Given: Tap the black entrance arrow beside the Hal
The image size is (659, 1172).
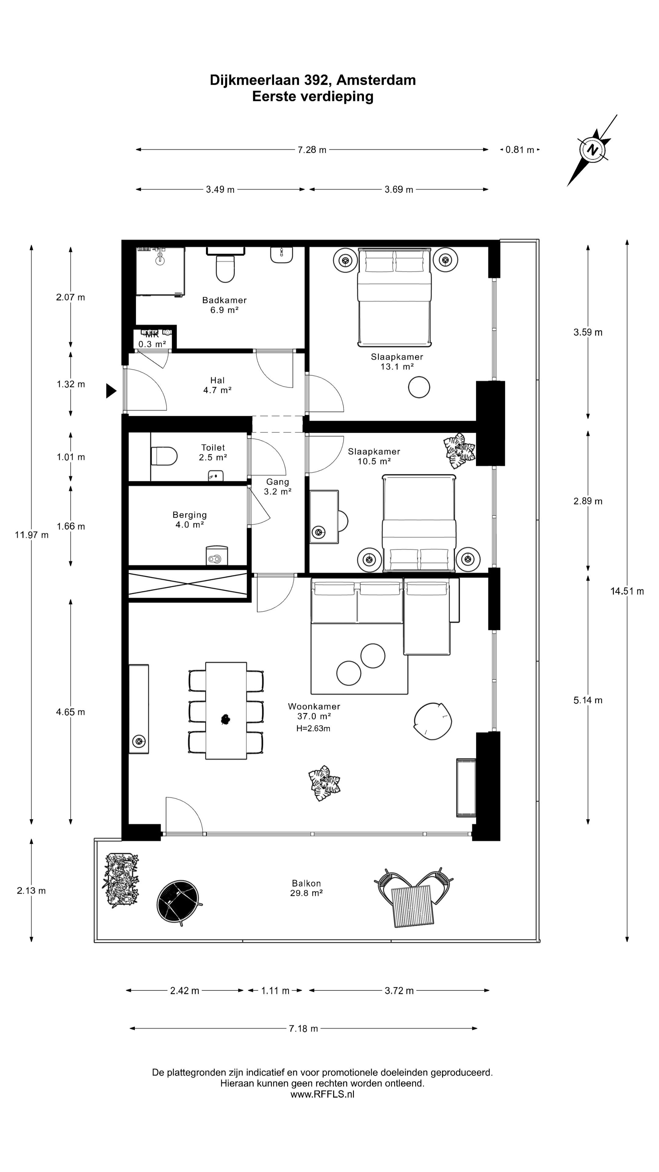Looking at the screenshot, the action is coord(111,391).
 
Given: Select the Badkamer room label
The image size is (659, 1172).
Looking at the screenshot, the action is coord(224,300).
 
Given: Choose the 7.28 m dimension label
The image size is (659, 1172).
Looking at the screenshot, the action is coord(312,150).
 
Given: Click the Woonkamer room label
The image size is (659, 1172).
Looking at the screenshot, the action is coord(314,707).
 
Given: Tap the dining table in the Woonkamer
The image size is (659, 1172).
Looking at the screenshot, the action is coord(226,711).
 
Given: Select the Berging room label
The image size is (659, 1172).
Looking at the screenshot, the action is coord(190,515).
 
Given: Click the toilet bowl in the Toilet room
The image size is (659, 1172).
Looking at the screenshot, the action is coord(164,456).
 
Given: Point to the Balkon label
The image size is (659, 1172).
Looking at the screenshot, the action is coord(307,883).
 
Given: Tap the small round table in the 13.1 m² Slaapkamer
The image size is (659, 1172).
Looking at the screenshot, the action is coord(419,387).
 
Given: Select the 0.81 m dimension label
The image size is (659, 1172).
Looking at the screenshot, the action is coord(520,150).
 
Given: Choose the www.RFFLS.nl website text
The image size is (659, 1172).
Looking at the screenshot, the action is coord(322,1094).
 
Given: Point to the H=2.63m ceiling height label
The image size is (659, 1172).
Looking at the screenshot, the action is coord(313,729).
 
